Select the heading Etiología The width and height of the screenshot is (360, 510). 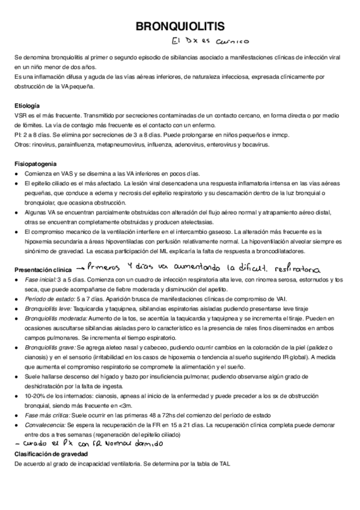click(27, 106)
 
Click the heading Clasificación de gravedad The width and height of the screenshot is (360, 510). click(51, 453)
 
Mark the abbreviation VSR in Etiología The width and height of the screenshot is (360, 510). click(21, 115)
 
